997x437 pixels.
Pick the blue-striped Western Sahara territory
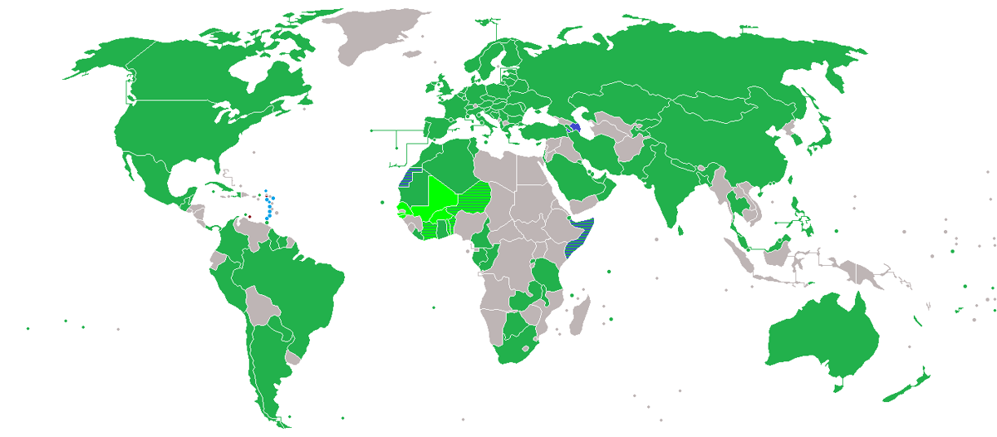tap(408, 175)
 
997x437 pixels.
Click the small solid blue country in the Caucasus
tap(575, 126)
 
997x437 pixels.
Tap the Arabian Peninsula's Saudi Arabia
tap(577, 170)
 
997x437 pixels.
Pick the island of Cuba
tap(212, 182)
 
